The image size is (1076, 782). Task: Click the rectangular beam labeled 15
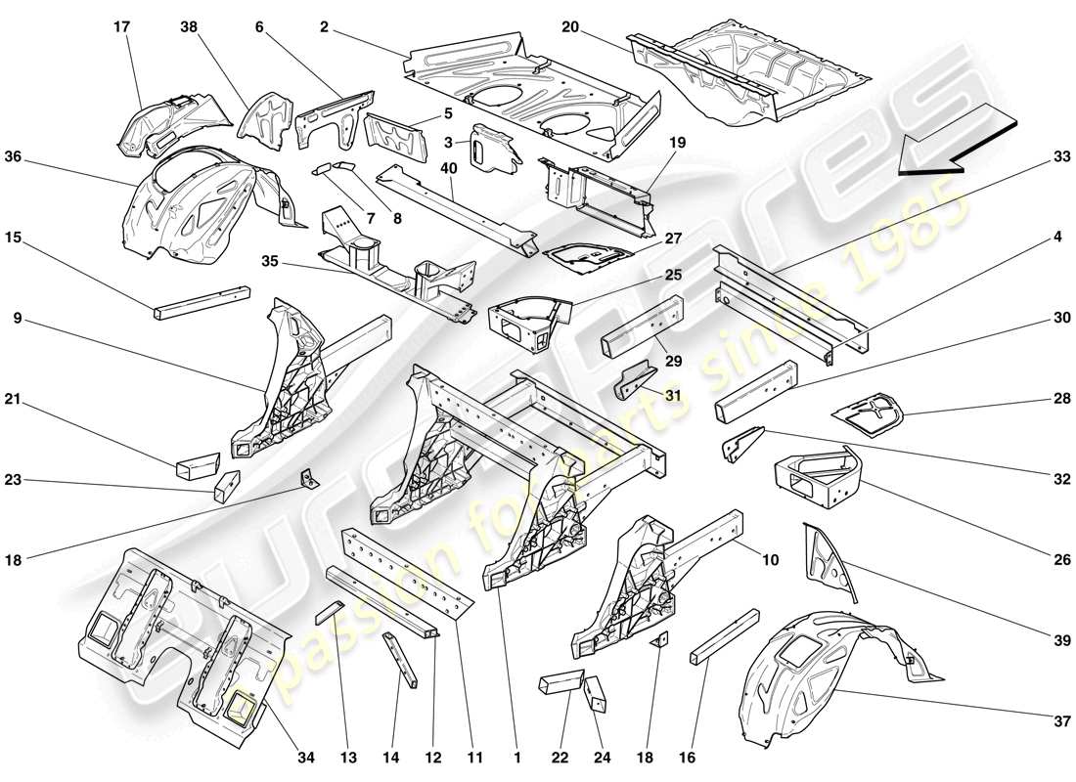(x=200, y=302)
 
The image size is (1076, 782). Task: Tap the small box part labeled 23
(x=227, y=485)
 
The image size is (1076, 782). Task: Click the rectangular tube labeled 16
(x=725, y=637)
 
